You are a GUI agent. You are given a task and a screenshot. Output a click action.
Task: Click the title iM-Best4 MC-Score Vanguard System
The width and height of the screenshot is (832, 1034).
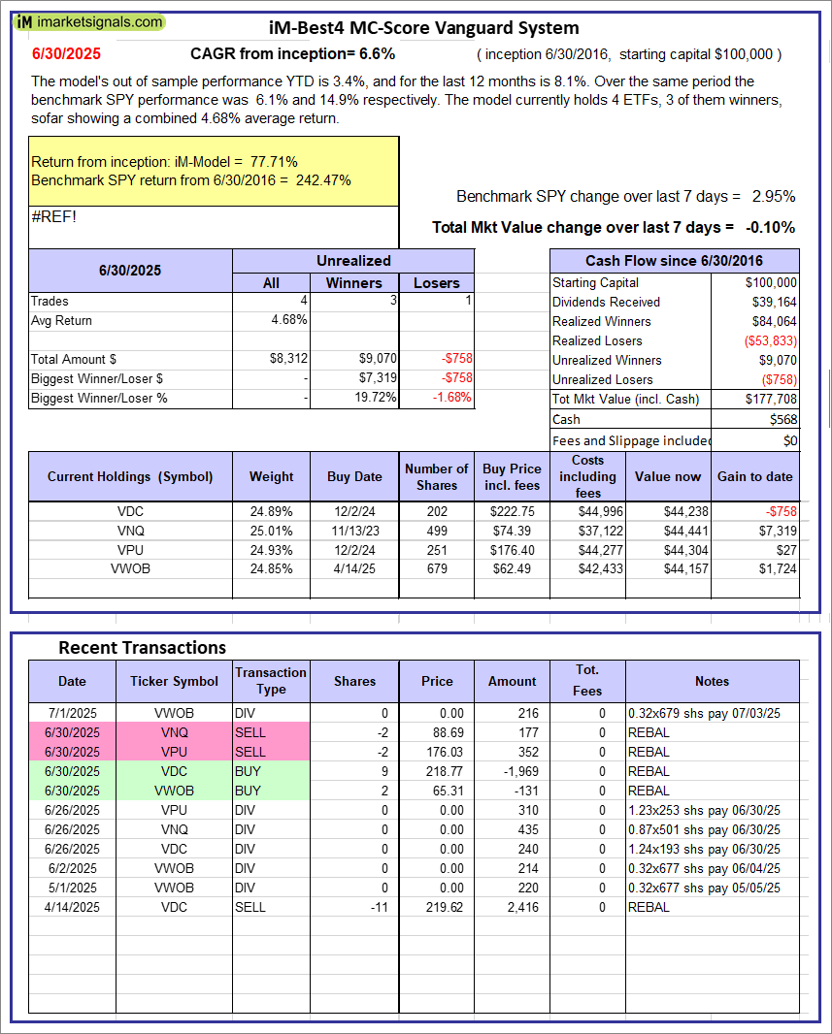[x=423, y=28]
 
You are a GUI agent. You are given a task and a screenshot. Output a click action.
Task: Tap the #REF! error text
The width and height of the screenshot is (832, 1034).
[x=54, y=216]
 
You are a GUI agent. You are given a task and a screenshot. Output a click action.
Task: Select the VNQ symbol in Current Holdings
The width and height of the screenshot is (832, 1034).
[x=130, y=531]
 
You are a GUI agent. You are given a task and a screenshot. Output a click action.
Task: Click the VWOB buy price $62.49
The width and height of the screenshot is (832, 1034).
[x=509, y=568]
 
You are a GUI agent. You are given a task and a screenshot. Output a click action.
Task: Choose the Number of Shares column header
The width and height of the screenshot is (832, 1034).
[x=436, y=476]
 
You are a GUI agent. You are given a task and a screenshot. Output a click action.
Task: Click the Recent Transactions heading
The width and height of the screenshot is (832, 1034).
[x=142, y=647]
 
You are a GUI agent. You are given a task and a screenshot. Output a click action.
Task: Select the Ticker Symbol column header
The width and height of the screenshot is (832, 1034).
[x=175, y=681]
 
